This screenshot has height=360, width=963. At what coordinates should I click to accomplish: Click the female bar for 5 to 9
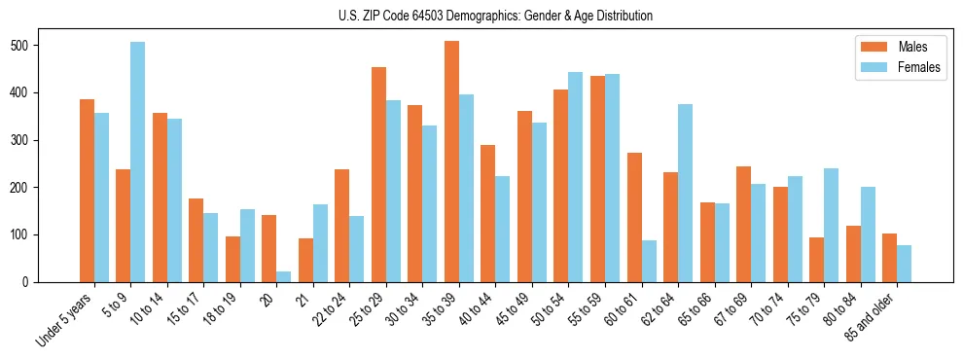(x=138, y=162)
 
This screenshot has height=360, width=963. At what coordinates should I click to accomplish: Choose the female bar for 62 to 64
(x=685, y=194)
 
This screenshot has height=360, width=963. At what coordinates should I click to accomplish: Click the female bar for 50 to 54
(x=576, y=177)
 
